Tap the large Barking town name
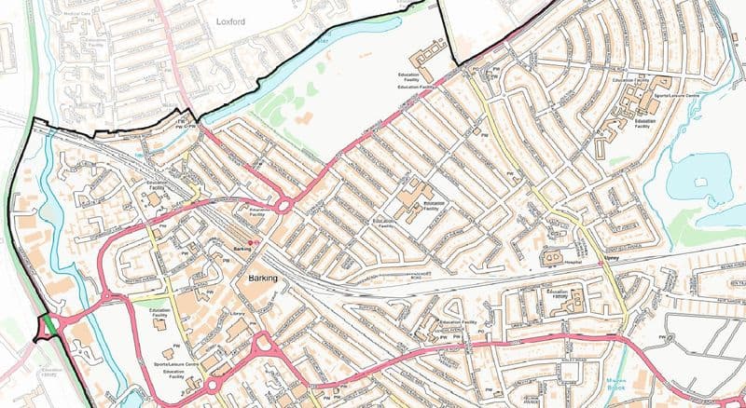tap(264, 279)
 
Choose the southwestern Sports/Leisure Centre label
tap(176, 363)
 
